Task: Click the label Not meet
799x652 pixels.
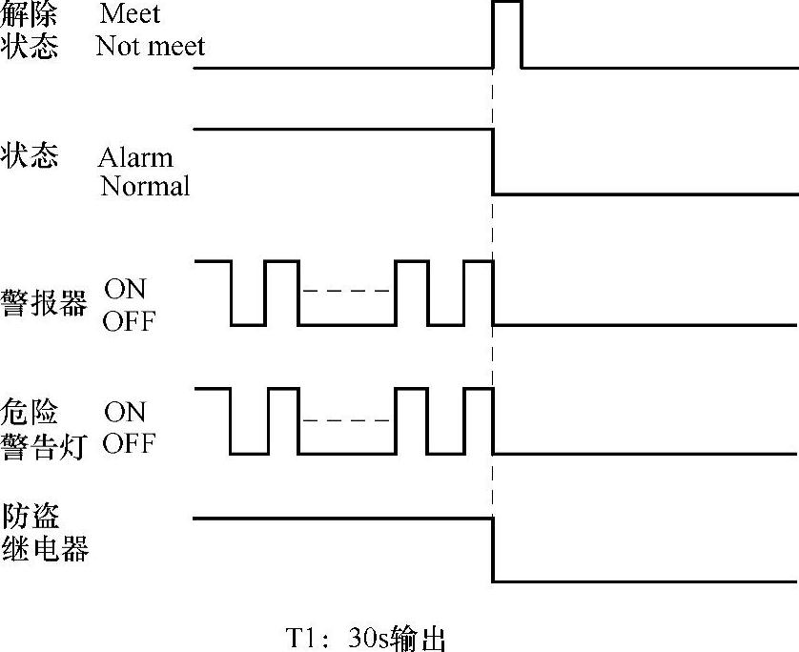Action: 151,45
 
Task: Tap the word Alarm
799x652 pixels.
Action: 135,157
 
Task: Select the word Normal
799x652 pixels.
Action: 145,186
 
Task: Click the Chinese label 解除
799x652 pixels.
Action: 30,14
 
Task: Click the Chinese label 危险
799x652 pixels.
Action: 31,412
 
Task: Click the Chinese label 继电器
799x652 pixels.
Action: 45,549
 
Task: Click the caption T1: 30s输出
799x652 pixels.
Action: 367,638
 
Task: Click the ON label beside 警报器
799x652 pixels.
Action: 125,288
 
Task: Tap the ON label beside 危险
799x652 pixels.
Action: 125,412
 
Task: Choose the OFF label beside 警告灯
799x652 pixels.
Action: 129,444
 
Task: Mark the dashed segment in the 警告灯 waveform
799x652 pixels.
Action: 347,421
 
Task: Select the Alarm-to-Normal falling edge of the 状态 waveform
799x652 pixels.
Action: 493,161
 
